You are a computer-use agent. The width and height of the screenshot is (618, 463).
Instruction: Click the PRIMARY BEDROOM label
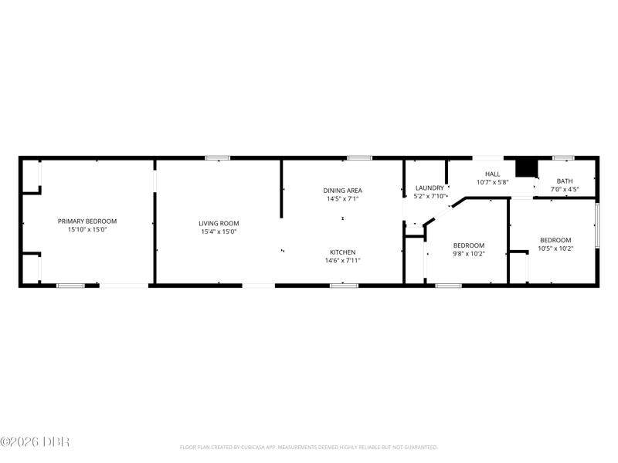click(87, 221)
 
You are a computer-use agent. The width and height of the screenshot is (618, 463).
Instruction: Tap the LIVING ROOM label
click(219, 223)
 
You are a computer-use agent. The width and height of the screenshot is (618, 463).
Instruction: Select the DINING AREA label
click(342, 191)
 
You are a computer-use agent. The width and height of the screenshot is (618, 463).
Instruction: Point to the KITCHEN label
click(342, 252)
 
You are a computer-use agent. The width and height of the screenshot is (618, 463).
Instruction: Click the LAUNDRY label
click(430, 188)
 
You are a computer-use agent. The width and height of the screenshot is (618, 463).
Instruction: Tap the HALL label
click(492, 174)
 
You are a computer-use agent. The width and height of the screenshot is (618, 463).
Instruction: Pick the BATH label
click(565, 181)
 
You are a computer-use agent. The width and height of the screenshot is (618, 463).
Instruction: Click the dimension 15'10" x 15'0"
click(87, 229)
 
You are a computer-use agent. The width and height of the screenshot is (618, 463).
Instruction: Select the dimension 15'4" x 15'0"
click(219, 232)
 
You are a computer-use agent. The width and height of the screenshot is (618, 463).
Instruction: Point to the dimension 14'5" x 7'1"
click(342, 199)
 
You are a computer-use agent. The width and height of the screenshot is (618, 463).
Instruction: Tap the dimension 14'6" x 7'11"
click(342, 260)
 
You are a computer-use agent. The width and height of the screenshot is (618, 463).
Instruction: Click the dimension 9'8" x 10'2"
click(469, 254)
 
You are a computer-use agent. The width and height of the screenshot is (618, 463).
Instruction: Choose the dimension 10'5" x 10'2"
click(555, 248)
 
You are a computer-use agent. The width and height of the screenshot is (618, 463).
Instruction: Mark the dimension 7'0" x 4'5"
click(565, 189)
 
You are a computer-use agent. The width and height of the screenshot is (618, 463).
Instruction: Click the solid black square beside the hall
click(527, 168)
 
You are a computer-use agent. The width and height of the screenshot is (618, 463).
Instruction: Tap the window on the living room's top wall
click(217, 158)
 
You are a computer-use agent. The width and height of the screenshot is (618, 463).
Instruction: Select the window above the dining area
click(359, 158)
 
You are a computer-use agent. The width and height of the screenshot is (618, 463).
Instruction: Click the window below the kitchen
click(344, 286)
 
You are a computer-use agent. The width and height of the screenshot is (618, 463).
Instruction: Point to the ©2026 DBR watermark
click(35, 441)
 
